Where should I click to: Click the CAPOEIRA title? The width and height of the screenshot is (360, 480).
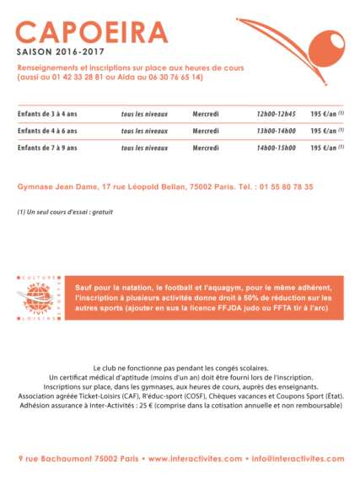point(92,33)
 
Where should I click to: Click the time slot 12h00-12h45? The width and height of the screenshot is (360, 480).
point(276,113)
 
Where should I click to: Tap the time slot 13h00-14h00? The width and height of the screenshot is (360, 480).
point(276,131)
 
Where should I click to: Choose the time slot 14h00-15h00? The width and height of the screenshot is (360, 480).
point(276,148)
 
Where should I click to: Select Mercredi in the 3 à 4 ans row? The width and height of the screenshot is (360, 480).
point(206,113)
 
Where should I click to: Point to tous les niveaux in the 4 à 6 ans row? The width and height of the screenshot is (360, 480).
point(144,131)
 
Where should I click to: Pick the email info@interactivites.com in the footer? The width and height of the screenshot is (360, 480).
point(297,459)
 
